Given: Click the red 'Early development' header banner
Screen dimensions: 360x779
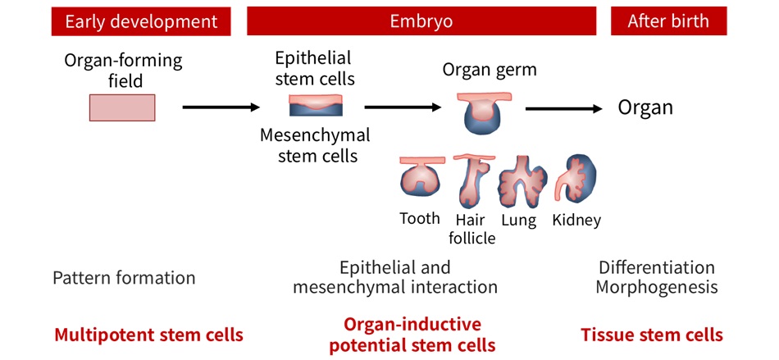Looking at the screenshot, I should click(x=141, y=21).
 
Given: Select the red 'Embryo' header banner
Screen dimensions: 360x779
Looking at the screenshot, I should click(x=421, y=21).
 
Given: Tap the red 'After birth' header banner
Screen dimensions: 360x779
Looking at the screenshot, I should click(x=668, y=21).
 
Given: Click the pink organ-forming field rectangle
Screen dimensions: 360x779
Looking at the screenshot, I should click(x=122, y=107).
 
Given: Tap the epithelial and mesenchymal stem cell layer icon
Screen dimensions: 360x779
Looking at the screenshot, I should click(x=316, y=106).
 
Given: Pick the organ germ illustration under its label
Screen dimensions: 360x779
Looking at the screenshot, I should click(x=478, y=112).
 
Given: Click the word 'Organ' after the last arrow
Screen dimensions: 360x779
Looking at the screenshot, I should click(x=645, y=107).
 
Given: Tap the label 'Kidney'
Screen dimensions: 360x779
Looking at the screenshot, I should click(x=576, y=220).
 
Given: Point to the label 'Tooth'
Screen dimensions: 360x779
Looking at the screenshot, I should click(x=420, y=219).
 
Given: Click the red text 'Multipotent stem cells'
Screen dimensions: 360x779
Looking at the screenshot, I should click(x=148, y=335).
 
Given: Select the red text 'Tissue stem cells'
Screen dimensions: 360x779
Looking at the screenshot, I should click(x=651, y=335).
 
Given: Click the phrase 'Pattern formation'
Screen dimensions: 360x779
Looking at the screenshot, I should click(x=124, y=277).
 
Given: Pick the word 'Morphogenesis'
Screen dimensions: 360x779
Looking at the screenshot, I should click(x=656, y=287).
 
